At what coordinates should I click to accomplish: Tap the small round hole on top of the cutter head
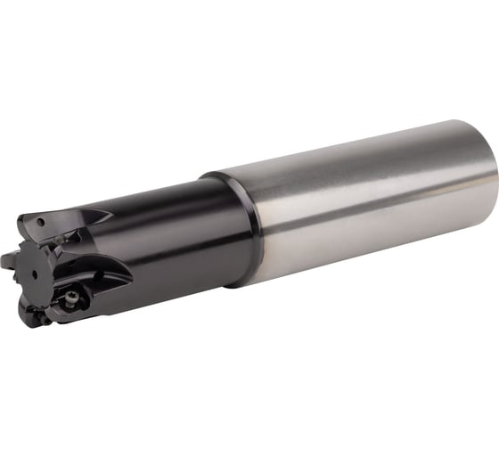tap(41, 217)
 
